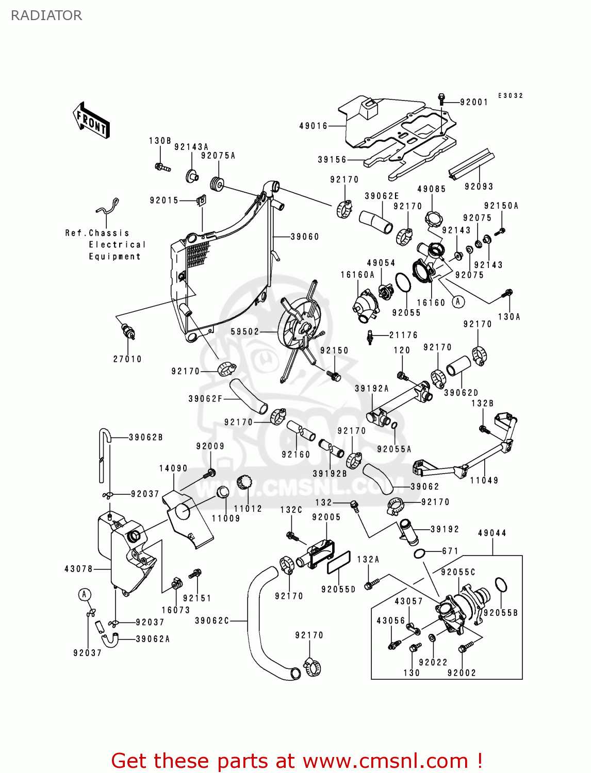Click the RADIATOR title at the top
pyautogui.click(x=46, y=15)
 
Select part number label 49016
pyautogui.click(x=314, y=126)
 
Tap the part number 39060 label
pyautogui.click(x=305, y=237)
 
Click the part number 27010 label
pyautogui.click(x=127, y=359)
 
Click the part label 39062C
pyautogui.click(x=212, y=620)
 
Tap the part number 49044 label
pyautogui.click(x=492, y=533)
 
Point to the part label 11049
pyautogui.click(x=484, y=480)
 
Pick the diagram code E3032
pyautogui.click(x=511, y=96)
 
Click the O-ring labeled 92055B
pyautogui.click(x=501, y=585)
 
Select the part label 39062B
pyautogui.click(x=146, y=437)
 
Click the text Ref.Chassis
pyautogui.click(x=97, y=233)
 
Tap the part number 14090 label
pyautogui.click(x=173, y=468)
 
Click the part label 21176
pyautogui.click(x=403, y=335)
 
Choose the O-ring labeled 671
pyautogui.click(x=420, y=554)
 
